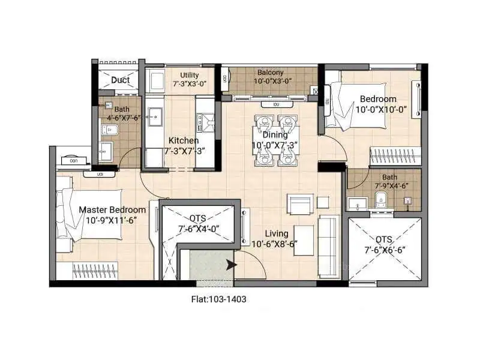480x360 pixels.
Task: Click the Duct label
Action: click(121, 80)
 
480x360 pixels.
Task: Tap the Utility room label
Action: click(190, 75)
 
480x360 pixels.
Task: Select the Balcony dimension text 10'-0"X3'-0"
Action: click(272, 81)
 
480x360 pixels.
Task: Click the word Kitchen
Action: click(184, 140)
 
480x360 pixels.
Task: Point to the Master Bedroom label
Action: click(112, 209)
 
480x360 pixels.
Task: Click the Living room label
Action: click(277, 233)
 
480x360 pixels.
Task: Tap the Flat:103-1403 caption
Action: click(218, 299)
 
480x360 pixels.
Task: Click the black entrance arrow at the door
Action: click(232, 265)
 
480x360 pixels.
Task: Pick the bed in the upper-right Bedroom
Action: click(355, 104)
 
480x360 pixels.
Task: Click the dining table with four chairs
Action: click(276, 140)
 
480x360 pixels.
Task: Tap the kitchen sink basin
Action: click(155, 116)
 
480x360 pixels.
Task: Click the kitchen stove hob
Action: click(206, 122)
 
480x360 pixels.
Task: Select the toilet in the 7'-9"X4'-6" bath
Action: click(381, 199)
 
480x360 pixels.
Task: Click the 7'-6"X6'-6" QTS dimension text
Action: click(385, 250)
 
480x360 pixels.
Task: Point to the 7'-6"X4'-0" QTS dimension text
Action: click(199, 229)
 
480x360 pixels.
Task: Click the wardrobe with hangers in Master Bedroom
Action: click(95, 271)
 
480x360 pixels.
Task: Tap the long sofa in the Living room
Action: click(329, 247)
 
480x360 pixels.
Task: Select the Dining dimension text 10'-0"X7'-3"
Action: click(275, 145)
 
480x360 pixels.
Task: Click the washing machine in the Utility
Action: click(155, 80)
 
